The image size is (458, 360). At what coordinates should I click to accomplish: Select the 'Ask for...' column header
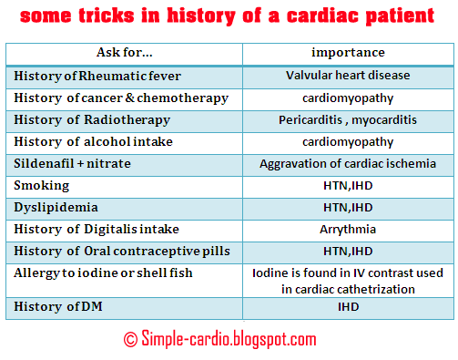(x=125, y=53)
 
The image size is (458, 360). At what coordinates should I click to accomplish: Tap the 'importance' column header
(x=348, y=53)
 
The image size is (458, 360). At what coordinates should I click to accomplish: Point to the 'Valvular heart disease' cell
(x=348, y=76)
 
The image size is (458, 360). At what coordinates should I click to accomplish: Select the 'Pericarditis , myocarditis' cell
(x=348, y=119)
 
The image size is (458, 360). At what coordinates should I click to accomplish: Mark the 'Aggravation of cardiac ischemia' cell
(x=348, y=163)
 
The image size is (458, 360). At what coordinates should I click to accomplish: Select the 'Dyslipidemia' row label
(x=50, y=207)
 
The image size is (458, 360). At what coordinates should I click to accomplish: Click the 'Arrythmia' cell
(x=348, y=229)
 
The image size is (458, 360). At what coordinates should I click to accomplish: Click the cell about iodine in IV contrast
(x=348, y=280)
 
